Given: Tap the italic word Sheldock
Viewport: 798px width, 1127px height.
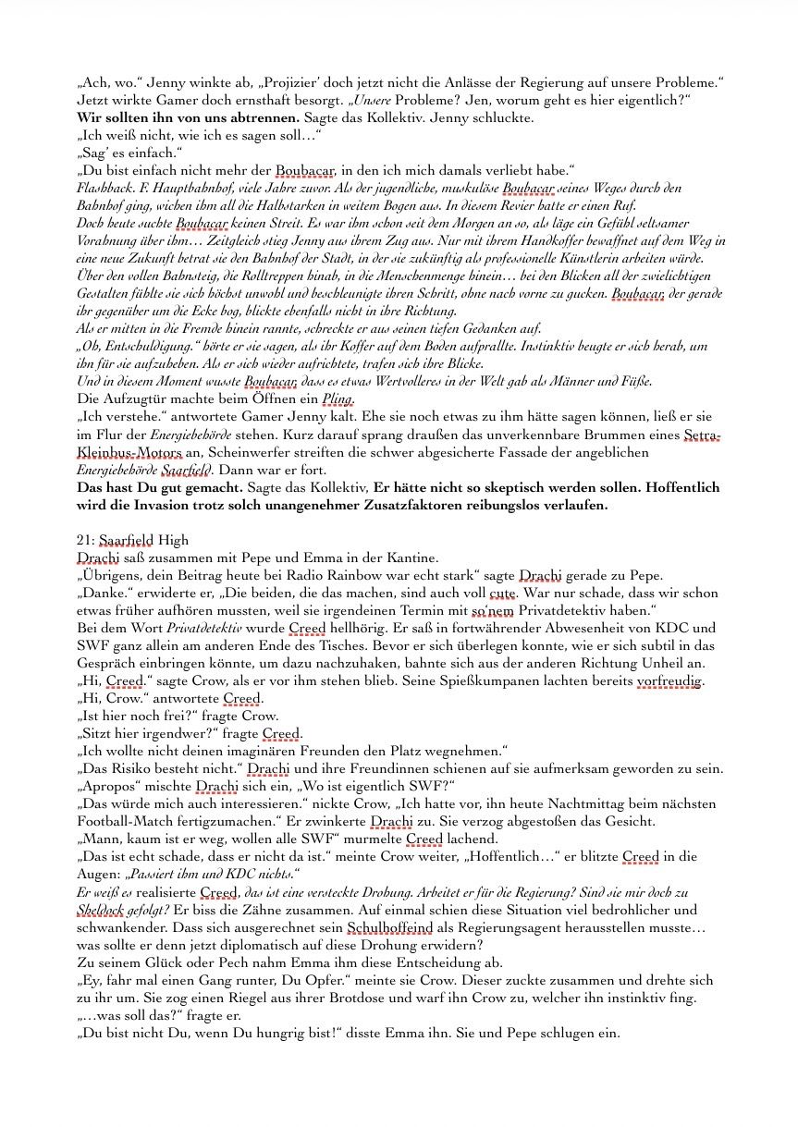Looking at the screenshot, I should [x=106, y=910].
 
